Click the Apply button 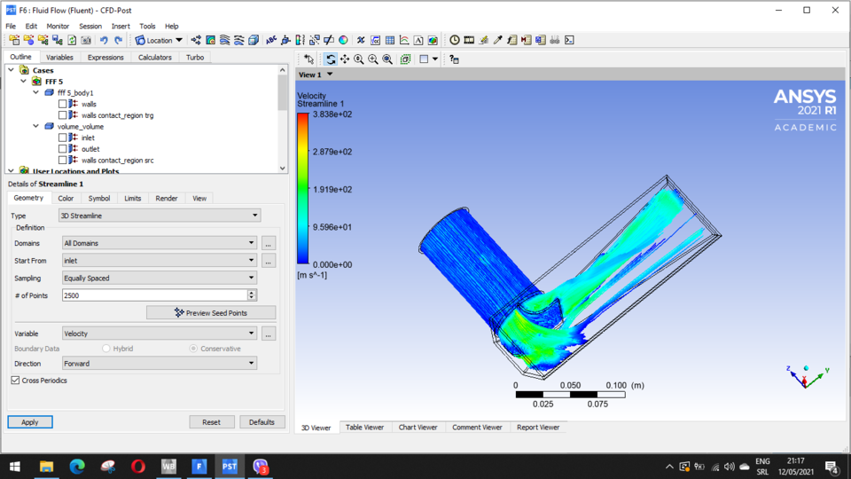coord(30,422)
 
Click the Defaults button coord(262,422)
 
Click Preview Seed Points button coord(211,312)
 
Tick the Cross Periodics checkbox coord(16,381)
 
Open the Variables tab coord(60,57)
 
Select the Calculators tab coord(154,57)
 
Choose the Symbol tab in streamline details coord(99,199)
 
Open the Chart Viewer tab coord(418,428)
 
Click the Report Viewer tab coord(537,428)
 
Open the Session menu coord(90,27)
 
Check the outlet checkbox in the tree coord(63,149)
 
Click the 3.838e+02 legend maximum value coord(332,114)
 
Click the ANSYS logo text coord(804,97)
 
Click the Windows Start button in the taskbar coord(15,466)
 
